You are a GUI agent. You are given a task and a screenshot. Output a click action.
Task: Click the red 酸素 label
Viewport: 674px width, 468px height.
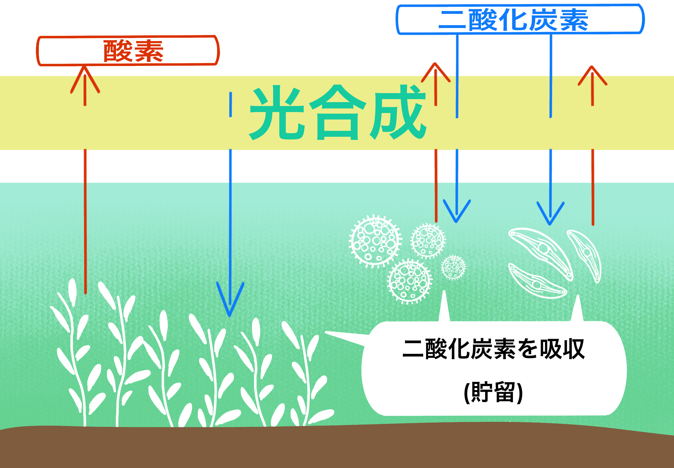[x=133, y=51]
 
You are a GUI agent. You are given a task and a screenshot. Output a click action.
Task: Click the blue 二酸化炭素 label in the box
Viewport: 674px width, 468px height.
[x=513, y=20]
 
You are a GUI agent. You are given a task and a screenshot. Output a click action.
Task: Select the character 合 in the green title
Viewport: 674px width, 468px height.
[x=338, y=113]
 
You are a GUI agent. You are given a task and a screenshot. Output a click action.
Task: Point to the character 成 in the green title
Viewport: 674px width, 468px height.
[x=398, y=113]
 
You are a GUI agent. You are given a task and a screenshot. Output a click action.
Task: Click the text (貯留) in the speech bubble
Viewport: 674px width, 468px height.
[x=493, y=392]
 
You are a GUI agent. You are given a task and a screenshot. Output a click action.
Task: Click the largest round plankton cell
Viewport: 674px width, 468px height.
[x=375, y=241]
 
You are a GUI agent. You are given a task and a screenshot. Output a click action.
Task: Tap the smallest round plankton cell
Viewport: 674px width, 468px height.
[x=453, y=267]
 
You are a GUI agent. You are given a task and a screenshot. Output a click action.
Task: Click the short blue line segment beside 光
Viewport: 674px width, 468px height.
[x=231, y=104]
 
